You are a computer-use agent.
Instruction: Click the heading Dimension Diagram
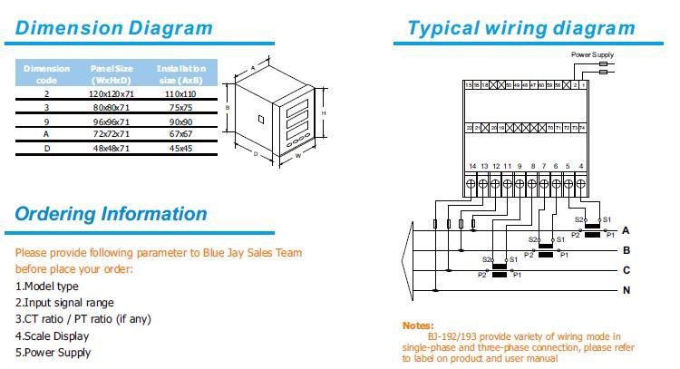click(x=114, y=27)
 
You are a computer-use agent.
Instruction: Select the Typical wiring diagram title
click(x=520, y=27)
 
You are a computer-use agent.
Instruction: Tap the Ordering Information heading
click(x=111, y=215)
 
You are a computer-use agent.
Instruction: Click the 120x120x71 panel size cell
click(x=112, y=93)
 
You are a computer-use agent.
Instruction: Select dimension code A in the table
click(x=46, y=133)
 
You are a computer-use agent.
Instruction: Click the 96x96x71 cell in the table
click(x=112, y=121)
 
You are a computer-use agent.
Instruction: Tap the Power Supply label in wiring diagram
click(x=592, y=54)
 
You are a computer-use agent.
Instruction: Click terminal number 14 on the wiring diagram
click(x=472, y=166)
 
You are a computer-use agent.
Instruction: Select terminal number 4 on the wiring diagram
click(x=579, y=166)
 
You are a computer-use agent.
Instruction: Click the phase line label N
click(x=626, y=290)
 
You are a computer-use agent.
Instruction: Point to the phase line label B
click(x=626, y=249)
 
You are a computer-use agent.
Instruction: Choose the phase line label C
click(x=626, y=270)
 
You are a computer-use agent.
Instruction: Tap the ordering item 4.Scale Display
click(x=52, y=336)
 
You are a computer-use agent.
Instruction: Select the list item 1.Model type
click(x=47, y=286)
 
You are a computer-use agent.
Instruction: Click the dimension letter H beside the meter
click(x=324, y=112)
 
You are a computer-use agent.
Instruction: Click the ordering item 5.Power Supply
click(x=53, y=353)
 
